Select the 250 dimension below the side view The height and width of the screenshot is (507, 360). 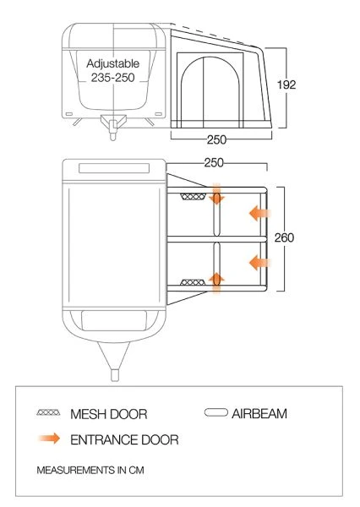(216, 140)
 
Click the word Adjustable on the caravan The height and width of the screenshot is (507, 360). (113, 63)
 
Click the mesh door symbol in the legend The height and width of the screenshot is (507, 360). (50, 414)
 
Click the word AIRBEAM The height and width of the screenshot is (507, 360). (260, 413)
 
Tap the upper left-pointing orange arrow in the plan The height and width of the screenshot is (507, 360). (258, 213)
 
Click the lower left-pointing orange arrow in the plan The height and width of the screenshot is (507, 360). (258, 264)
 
